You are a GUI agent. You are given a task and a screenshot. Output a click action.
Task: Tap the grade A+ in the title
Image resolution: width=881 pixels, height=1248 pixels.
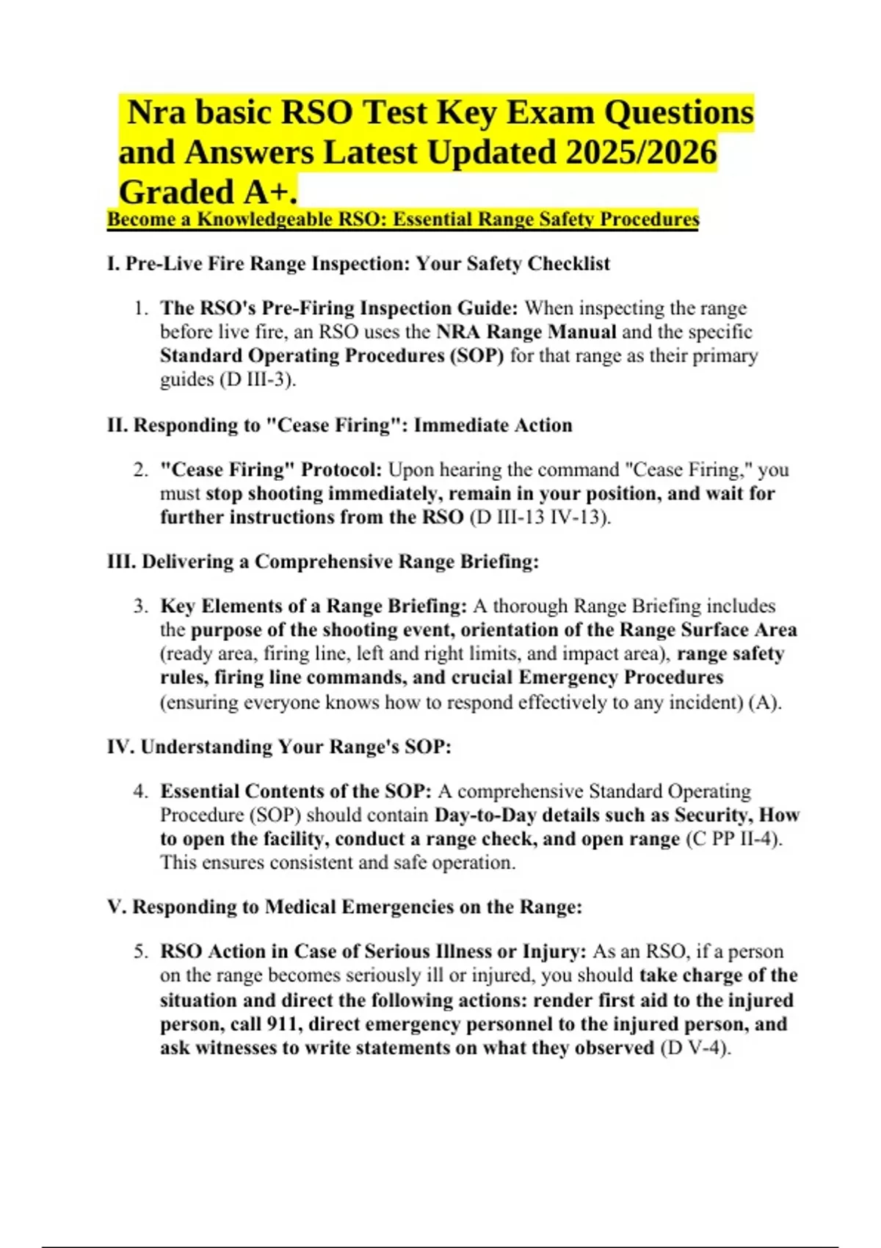pyautogui.click(x=269, y=192)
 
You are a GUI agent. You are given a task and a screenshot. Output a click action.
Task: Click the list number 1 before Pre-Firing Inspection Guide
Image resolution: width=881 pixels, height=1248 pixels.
pyautogui.click(x=140, y=308)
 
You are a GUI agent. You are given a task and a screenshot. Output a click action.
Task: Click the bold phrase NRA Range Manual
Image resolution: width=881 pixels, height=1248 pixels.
pyautogui.click(x=526, y=332)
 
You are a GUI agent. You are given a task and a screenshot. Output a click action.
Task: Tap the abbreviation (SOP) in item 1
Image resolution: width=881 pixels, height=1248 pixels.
pyautogui.click(x=476, y=356)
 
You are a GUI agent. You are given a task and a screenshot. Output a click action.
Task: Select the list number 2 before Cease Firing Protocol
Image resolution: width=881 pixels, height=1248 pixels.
pyautogui.click(x=140, y=470)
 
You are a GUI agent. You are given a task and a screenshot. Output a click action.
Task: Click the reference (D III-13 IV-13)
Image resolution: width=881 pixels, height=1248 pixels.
pyautogui.click(x=539, y=518)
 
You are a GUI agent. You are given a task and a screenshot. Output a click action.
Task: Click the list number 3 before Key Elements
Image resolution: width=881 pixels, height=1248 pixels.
pyautogui.click(x=140, y=606)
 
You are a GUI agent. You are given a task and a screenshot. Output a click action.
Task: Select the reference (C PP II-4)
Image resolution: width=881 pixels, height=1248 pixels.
pyautogui.click(x=733, y=839)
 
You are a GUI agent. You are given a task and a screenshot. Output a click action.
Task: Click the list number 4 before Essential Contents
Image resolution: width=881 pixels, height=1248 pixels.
pyautogui.click(x=140, y=791)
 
